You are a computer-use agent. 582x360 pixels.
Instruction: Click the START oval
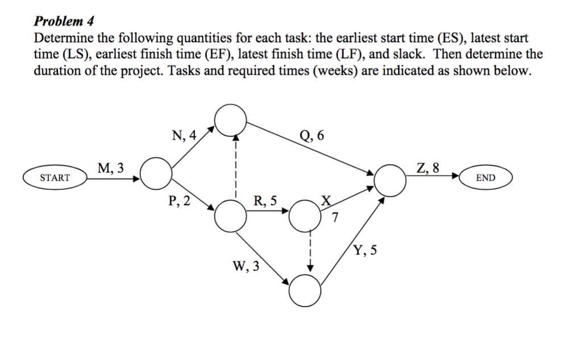pos(55,177)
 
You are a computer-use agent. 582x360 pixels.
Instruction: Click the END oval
pos(485,177)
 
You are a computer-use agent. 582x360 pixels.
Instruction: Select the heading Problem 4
pos(64,22)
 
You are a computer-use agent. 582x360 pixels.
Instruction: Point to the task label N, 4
pos(184,135)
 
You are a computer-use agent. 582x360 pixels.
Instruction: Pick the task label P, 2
pos(180,200)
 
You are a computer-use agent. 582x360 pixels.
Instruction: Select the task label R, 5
pos(266,200)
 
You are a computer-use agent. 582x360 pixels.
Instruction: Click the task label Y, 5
pos(365,250)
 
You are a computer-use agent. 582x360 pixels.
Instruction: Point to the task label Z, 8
pos(427,168)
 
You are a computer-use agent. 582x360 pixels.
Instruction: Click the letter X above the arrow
pos(326,200)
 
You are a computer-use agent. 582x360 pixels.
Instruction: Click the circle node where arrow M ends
pos(156,173)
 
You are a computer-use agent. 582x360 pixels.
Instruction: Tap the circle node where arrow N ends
pos(230,119)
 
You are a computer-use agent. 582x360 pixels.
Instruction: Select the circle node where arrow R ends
pos(305,216)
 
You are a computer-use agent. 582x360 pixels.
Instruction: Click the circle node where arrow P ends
pos(231,216)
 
